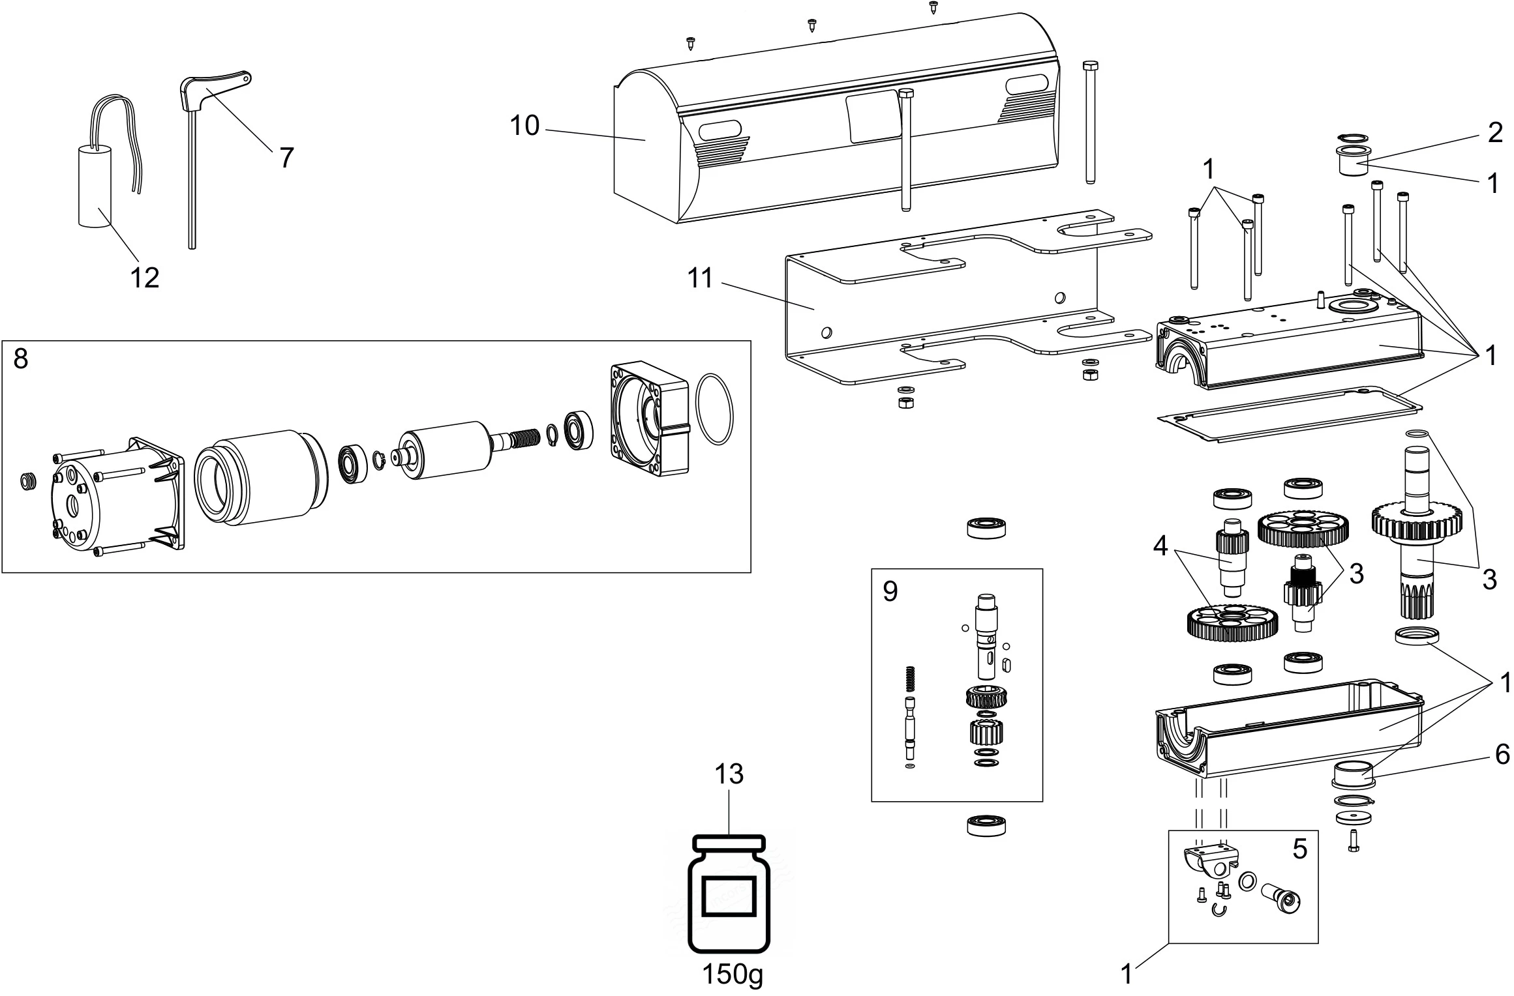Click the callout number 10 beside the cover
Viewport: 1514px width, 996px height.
point(524,126)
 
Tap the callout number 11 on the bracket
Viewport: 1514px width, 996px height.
point(700,278)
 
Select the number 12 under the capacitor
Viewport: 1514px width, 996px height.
point(144,278)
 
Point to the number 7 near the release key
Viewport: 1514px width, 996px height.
point(286,157)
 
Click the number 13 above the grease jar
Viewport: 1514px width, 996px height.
point(729,774)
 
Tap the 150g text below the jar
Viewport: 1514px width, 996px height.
point(732,975)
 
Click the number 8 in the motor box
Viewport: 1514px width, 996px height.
point(21,359)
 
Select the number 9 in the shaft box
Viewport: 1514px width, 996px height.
point(890,591)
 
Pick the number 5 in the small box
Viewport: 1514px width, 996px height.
point(1300,849)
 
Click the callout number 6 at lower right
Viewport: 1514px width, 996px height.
point(1502,755)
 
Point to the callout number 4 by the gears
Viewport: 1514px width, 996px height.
point(1160,546)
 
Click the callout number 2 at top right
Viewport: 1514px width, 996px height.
point(1495,133)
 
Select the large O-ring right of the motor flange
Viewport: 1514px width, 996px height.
point(714,409)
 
